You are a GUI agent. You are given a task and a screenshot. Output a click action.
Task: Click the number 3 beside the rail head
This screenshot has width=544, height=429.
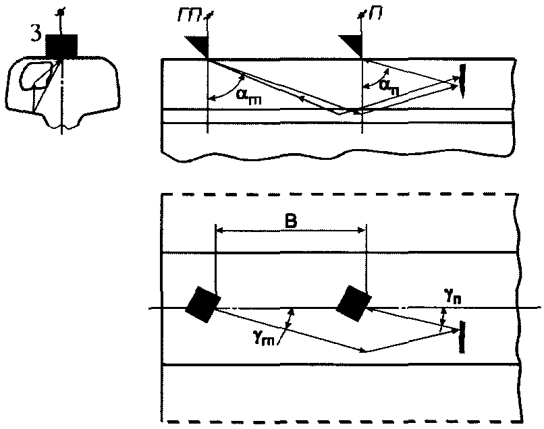(x=36, y=35)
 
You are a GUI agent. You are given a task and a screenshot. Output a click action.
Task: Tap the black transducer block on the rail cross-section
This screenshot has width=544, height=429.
(x=61, y=47)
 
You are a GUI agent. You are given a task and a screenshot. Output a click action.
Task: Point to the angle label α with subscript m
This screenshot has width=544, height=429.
(x=249, y=96)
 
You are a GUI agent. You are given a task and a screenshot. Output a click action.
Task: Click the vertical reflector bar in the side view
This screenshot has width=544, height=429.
(x=462, y=81)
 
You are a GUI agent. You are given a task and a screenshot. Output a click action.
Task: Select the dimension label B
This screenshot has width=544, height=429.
(x=291, y=221)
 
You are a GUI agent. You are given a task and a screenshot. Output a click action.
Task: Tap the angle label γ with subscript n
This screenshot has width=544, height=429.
(x=453, y=297)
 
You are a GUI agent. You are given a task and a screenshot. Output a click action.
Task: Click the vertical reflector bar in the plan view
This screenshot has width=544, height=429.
(x=462, y=337)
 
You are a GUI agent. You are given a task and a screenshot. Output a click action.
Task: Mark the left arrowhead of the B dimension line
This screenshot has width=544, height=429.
(x=219, y=229)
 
